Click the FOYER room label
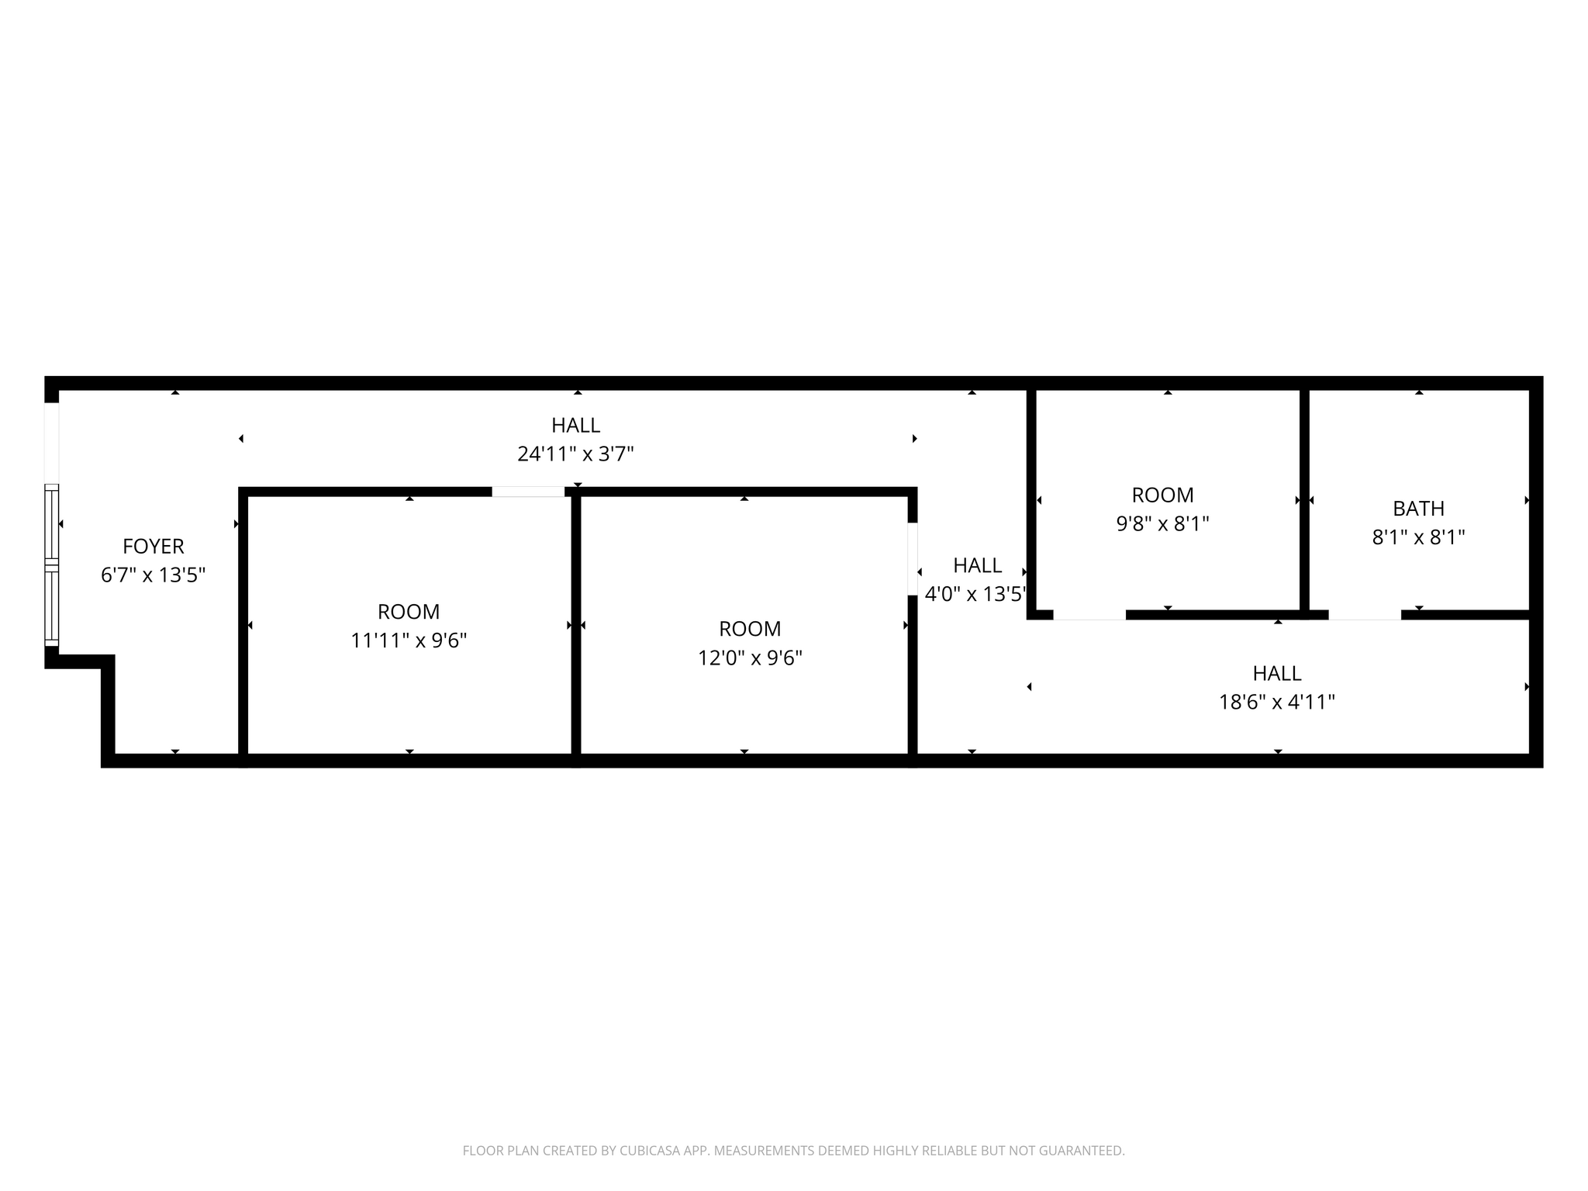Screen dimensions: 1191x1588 pos(154,547)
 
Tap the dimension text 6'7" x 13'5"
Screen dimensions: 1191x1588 pos(154,575)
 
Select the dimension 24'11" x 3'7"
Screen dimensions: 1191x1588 pos(575,454)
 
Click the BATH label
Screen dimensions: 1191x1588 pos(1418,509)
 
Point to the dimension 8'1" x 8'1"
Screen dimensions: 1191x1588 pos(1418,537)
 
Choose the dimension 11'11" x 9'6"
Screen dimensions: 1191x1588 pos(409,641)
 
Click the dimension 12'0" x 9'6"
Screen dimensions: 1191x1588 pos(750,658)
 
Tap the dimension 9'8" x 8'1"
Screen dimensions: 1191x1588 pos(1162,524)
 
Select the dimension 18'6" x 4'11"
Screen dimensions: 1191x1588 pos(1276,703)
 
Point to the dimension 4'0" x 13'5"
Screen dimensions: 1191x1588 pos(975,595)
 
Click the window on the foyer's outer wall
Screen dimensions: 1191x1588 pos(51,564)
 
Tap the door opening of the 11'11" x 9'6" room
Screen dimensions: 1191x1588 pos(528,492)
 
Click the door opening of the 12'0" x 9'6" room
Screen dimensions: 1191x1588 pos(913,559)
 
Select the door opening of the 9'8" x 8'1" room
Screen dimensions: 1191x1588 pos(1089,615)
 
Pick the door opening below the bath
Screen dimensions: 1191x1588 pos(1365,615)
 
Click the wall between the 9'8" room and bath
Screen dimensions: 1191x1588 pos(1304,500)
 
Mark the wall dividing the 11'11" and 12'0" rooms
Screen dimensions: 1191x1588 pos(576,625)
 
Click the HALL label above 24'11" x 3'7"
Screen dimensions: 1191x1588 pos(575,426)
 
